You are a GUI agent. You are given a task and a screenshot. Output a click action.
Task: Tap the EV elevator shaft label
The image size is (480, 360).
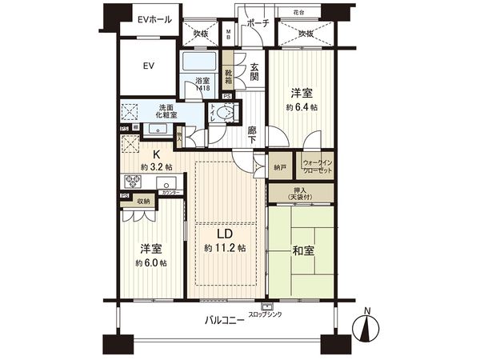click(149, 66)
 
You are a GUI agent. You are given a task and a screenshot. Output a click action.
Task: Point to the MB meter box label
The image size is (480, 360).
click(228, 35)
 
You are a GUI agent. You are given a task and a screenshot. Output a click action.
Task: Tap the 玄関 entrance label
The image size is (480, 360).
click(254, 72)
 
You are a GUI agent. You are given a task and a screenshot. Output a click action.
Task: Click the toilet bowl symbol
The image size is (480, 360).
click(224, 114)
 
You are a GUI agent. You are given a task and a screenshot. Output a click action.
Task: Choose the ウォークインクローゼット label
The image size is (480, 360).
click(321, 168)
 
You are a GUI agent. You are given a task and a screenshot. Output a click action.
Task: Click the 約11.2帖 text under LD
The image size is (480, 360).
click(226, 248)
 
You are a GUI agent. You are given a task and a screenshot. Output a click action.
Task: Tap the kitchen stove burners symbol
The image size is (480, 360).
click(131, 180)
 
